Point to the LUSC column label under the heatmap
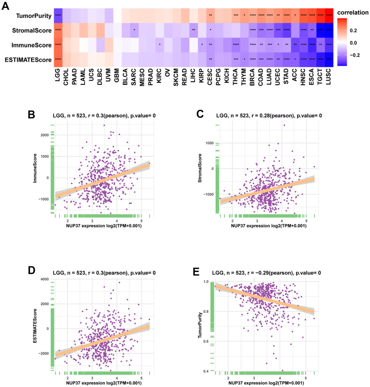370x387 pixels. click(x=330, y=79)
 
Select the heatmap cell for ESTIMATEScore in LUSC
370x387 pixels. click(x=330, y=60)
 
